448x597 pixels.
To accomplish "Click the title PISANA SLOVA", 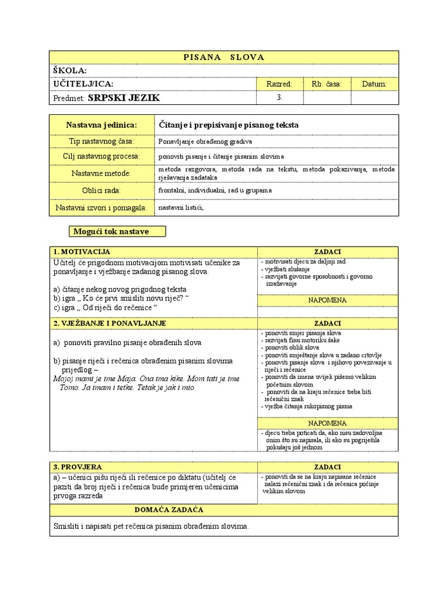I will tap(224, 57).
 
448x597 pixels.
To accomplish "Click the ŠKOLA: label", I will tap(70, 70).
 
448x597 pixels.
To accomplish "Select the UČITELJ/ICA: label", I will tap(83, 84).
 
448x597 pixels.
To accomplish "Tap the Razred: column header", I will tap(279, 85).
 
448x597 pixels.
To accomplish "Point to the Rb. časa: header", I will tap(327, 85).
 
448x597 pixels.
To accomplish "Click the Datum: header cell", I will tap(374, 85).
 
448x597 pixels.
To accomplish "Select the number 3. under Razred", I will tap(279, 98).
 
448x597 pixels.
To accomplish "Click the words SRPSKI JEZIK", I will tap(124, 98).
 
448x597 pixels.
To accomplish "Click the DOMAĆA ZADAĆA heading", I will tap(169, 510).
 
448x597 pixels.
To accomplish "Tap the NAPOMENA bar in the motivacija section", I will tap(327, 300).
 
